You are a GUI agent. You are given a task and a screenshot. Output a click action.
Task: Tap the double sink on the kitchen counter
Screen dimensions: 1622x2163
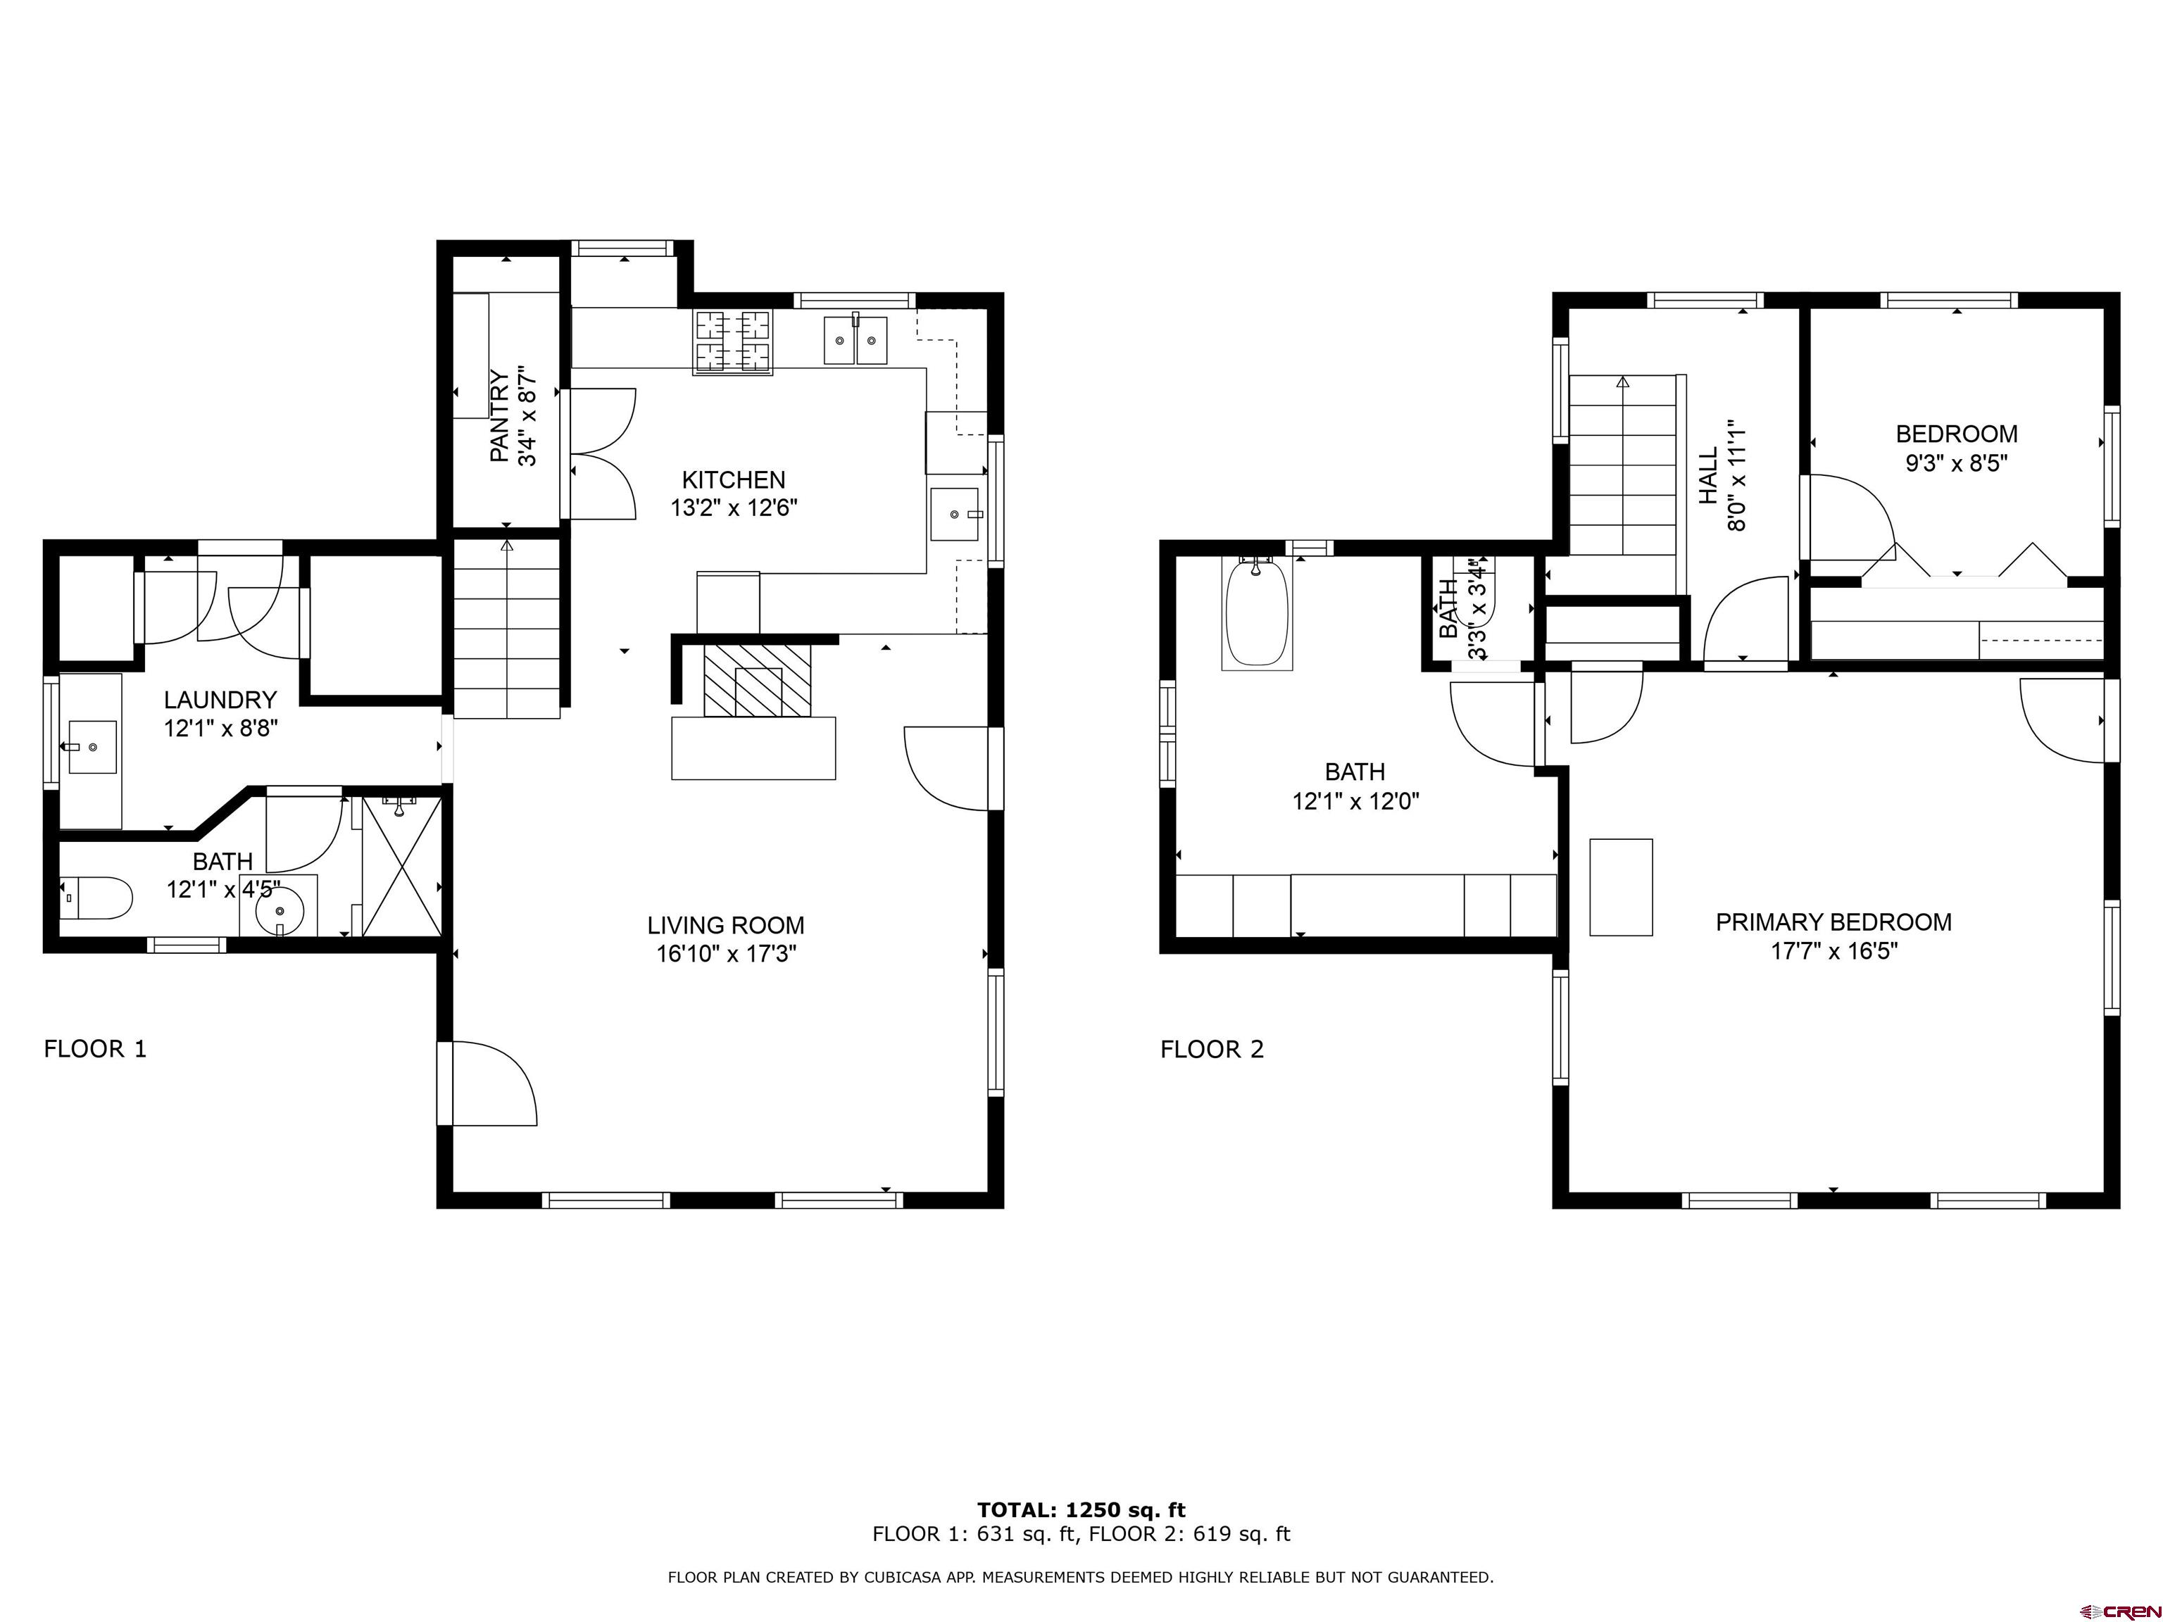click(855, 340)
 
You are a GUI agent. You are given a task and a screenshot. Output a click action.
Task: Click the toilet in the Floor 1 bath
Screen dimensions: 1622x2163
click(98, 898)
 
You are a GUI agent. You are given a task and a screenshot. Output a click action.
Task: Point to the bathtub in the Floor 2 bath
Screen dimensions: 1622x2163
click(1257, 613)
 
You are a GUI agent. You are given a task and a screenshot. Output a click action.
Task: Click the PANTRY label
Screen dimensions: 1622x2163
click(499, 415)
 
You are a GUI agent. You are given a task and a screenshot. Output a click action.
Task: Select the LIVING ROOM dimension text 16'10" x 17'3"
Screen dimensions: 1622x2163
click(725, 953)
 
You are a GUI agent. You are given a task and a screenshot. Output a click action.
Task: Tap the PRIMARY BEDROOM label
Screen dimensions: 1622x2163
click(1833, 922)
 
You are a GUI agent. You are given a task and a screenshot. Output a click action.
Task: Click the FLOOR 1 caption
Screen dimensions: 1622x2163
click(95, 1049)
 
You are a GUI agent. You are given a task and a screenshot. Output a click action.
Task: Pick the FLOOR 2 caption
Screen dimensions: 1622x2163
click(1212, 1049)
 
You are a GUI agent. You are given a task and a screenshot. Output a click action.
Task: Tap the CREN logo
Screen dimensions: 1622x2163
click(2119, 1610)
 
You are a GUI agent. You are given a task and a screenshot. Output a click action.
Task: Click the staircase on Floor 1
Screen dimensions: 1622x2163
click(506, 631)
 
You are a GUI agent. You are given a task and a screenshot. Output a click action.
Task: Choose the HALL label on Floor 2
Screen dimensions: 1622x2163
click(1707, 475)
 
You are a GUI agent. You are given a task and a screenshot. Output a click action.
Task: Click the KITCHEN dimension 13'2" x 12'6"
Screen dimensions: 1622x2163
click(734, 508)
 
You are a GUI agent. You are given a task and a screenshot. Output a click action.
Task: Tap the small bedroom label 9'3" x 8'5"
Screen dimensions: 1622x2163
click(1956, 463)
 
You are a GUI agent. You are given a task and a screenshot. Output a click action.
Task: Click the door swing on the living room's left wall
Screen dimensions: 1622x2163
click(494, 1083)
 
